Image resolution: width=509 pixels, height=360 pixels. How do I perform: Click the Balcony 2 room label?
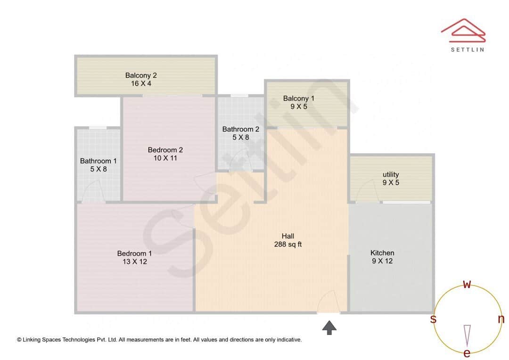141,75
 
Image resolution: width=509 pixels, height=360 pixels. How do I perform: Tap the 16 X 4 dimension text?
141,83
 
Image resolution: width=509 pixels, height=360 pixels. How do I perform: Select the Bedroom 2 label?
165,150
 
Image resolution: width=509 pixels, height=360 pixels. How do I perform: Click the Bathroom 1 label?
99,161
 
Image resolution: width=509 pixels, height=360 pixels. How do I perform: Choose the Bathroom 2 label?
241,129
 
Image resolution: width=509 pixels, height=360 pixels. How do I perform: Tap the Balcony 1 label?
298,98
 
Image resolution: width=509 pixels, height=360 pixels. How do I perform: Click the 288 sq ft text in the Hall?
287,244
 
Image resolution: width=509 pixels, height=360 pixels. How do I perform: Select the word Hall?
287,236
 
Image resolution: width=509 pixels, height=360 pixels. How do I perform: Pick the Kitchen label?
382,253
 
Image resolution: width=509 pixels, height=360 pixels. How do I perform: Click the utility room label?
391,174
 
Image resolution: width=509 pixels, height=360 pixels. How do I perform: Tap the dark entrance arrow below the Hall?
329,327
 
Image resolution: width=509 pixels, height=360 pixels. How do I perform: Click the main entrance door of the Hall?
328,302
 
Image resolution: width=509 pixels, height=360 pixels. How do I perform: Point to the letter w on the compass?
467,284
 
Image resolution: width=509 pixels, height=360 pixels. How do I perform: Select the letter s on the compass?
433,319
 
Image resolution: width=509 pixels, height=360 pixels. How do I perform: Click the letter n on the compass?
501,319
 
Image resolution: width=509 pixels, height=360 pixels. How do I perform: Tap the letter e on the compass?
467,353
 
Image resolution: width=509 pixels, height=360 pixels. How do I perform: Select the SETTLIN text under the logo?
467,49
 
